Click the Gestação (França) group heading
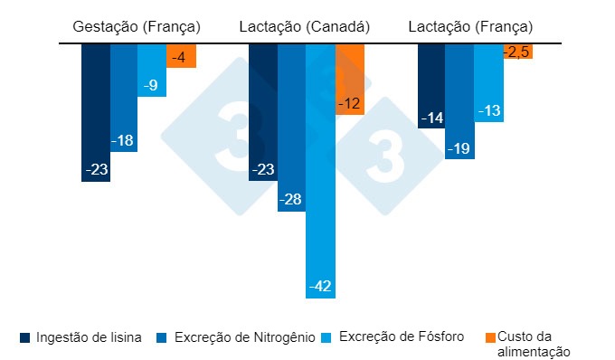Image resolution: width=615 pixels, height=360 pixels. (x=137, y=27)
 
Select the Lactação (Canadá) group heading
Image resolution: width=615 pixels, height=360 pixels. (x=305, y=27)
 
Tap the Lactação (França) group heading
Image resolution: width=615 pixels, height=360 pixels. (x=470, y=27)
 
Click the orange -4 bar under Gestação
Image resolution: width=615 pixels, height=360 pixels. (x=181, y=55)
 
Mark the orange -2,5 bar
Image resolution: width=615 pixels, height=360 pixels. (x=517, y=51)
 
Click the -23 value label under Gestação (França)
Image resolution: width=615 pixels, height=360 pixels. (x=96, y=169)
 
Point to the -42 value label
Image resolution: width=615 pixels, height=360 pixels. (x=320, y=286)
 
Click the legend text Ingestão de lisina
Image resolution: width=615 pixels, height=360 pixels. (x=87, y=337)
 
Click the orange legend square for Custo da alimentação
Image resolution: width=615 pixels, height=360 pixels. (x=492, y=337)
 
